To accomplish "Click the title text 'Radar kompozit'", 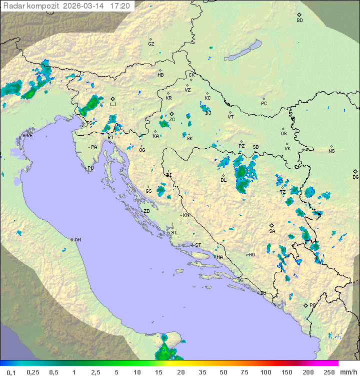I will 26,6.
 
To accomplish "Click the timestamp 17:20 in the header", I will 120,6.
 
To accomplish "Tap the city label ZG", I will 172,120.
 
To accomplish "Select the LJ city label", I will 113,105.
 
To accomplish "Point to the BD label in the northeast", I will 299,21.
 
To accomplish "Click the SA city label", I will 272,231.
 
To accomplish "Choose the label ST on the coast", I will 198,245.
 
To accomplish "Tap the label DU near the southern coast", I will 262,293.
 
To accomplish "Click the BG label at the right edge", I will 355,177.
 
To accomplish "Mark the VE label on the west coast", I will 29,136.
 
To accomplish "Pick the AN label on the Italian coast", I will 77,240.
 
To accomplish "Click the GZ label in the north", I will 151,44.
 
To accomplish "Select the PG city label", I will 312,305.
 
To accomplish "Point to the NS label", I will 331,151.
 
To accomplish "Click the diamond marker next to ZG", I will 171,114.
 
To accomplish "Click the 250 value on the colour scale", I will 328,372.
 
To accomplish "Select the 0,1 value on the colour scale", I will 11,372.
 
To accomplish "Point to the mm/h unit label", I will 348,372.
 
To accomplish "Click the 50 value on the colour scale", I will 223,372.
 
